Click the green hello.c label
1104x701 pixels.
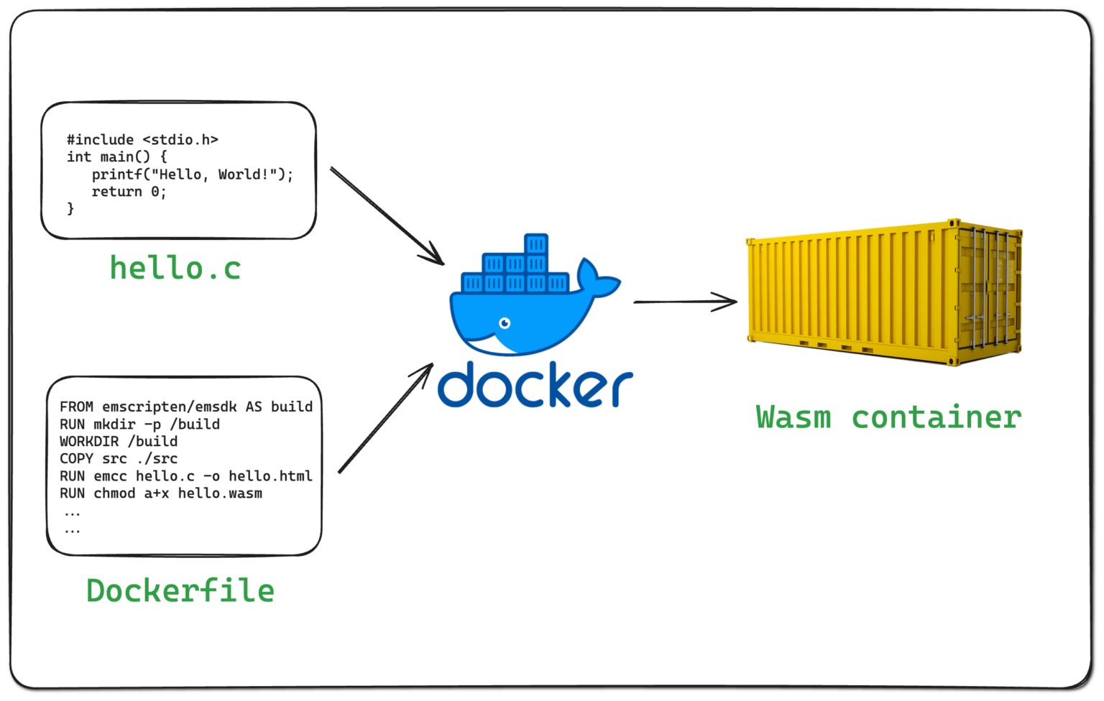point(175,269)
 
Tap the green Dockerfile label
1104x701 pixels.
point(180,591)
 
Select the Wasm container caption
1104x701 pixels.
point(888,417)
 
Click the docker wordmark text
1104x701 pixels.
point(535,386)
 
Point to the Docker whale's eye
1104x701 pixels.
point(505,323)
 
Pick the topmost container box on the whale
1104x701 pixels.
point(536,244)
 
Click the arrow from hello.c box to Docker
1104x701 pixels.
point(387,216)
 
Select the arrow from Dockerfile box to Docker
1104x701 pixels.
point(386,418)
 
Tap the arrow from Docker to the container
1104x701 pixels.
point(684,302)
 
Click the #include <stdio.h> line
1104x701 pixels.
point(142,140)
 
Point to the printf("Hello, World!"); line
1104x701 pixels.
point(192,175)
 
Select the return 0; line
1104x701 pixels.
point(129,192)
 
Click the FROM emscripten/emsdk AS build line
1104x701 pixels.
point(186,407)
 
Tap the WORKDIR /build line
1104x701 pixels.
point(119,441)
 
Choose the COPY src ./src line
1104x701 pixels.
point(119,458)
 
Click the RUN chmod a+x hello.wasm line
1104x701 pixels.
point(161,493)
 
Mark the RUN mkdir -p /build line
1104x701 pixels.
point(139,424)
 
